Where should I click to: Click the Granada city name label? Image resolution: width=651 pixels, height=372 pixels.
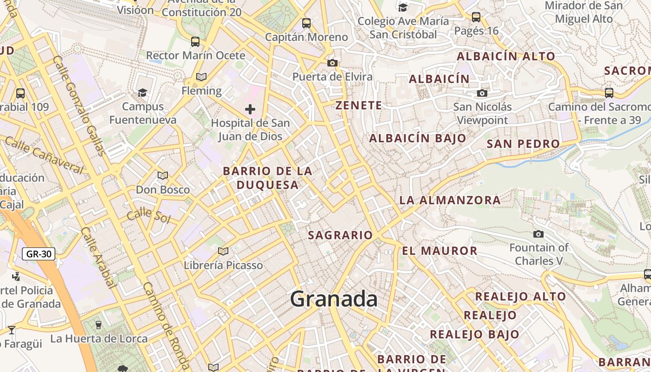(333, 299)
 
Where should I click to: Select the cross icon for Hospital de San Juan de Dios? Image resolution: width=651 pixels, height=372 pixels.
(250, 109)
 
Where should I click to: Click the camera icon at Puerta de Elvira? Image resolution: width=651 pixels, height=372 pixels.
(332, 63)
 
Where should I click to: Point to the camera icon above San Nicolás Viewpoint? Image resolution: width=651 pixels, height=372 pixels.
(482, 93)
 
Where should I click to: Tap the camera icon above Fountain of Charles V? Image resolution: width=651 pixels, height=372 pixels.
(538, 234)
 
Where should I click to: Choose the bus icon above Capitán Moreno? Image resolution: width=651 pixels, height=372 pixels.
(306, 23)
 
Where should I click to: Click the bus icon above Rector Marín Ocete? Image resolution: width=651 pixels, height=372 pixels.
(195, 42)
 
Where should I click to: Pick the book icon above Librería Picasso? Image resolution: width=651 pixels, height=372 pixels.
(223, 251)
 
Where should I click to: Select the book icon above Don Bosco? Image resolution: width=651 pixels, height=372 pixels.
(162, 175)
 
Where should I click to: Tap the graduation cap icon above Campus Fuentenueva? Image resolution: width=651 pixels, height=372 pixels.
(143, 93)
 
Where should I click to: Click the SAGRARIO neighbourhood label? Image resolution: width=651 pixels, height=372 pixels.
(340, 235)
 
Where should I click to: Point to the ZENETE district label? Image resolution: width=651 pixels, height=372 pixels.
(359, 106)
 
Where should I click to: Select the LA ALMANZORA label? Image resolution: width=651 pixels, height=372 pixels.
(450, 200)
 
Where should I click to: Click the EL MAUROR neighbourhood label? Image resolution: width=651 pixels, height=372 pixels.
(440, 251)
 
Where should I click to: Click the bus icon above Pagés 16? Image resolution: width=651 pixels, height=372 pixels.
(476, 17)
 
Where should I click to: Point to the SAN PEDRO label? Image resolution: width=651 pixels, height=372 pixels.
(523, 144)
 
